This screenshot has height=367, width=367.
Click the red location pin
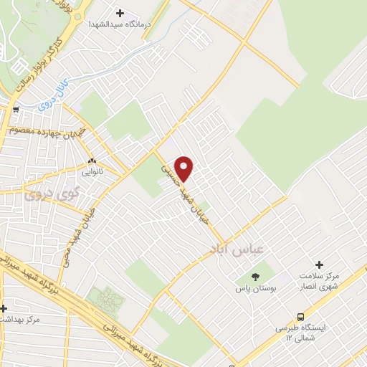click(185, 168)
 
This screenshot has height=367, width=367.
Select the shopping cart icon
click(16, 110)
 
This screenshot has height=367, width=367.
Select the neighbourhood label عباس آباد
click(237, 249)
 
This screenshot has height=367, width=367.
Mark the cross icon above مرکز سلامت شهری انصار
click(319, 264)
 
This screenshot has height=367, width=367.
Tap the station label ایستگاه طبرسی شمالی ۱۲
click(300, 332)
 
